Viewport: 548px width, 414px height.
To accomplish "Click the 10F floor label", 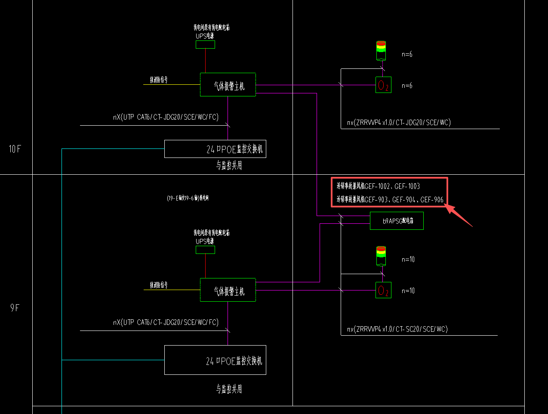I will [15, 149].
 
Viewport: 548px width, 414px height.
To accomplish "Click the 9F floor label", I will [15, 308].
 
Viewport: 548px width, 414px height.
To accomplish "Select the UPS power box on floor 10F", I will [205, 44].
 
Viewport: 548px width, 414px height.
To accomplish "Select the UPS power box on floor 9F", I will [205, 250].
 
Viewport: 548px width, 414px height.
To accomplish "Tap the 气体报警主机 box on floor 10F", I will [228, 85].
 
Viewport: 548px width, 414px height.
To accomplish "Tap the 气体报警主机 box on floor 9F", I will [228, 290].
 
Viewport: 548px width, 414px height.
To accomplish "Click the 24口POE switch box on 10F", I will [215, 149].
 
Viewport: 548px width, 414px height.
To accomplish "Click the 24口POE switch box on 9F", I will [215, 360].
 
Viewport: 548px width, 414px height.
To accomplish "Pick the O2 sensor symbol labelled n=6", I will [383, 85].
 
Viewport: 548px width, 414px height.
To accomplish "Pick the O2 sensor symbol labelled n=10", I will [383, 290].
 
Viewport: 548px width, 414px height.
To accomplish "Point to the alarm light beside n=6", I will [381, 51].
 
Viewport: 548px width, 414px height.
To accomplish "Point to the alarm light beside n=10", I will [381, 256].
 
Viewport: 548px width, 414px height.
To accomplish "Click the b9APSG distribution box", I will [397, 221].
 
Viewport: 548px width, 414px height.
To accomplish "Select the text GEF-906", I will [432, 200].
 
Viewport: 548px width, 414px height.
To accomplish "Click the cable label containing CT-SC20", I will [397, 329].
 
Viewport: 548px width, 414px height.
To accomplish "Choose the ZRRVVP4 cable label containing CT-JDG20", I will [399, 123].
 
